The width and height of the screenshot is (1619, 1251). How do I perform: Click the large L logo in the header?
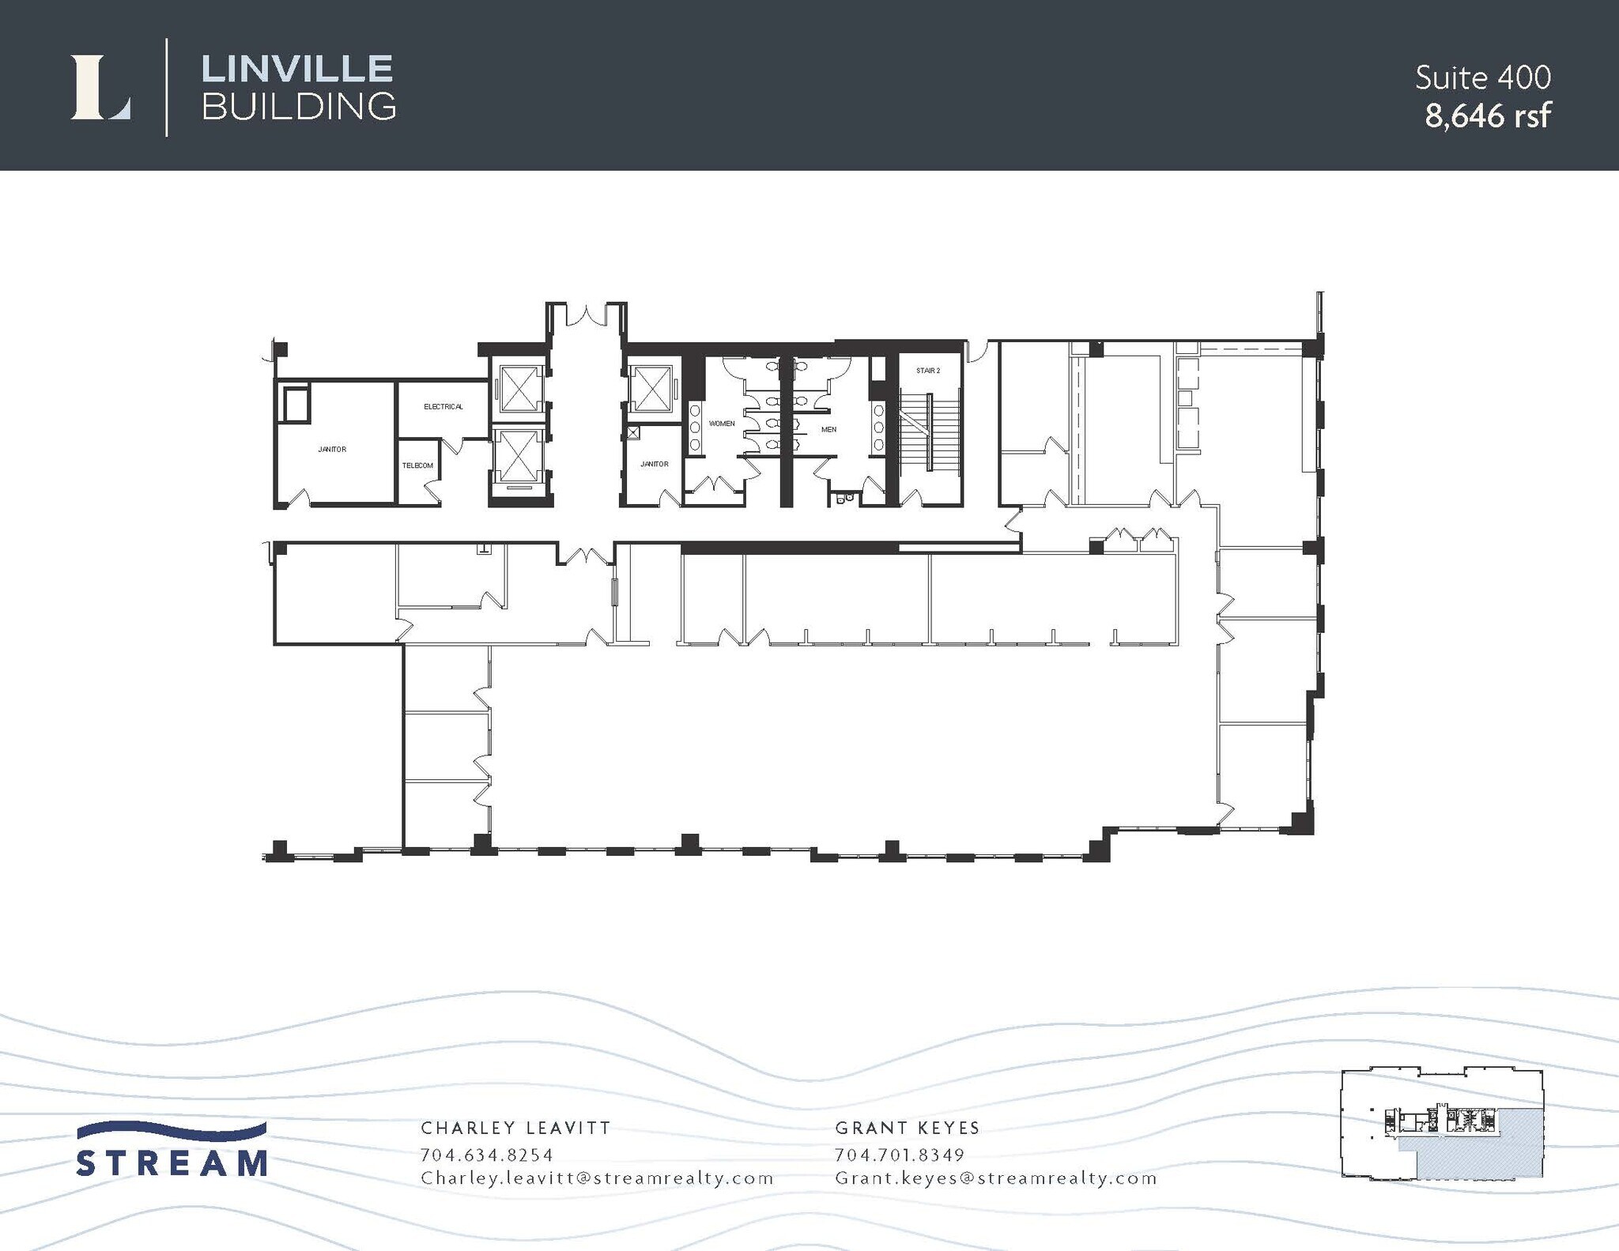point(100,88)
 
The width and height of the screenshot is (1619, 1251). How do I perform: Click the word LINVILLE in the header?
point(297,69)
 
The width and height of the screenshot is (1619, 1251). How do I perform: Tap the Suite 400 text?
point(1482,77)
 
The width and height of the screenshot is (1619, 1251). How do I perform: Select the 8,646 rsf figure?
point(1487,116)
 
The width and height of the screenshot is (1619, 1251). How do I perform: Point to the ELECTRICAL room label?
point(443,406)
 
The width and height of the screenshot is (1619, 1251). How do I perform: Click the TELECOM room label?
point(417,465)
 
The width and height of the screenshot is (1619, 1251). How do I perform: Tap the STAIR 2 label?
point(928,371)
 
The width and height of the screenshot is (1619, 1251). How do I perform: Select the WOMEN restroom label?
point(721,424)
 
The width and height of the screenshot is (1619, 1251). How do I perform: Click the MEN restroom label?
point(828,429)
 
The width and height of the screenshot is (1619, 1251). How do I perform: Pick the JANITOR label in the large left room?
point(332,449)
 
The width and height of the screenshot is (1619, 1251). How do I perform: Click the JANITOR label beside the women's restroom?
point(654,464)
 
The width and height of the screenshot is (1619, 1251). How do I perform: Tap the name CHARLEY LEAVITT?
point(515,1128)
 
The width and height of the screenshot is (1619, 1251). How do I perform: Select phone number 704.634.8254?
point(487,1155)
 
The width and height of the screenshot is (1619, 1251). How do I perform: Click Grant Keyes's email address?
point(995,1178)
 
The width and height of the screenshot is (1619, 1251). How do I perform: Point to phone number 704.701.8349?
point(900,1155)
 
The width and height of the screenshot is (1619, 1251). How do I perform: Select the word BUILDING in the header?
point(299,107)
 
